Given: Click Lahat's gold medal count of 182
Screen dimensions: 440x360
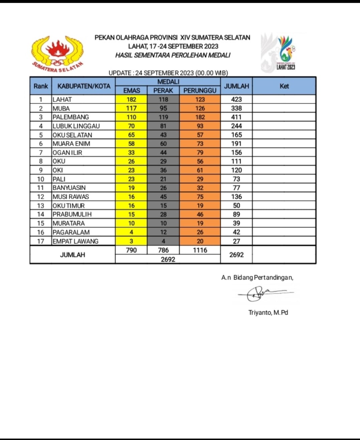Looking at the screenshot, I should coord(131,99).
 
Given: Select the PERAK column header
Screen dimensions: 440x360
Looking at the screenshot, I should coord(163,91).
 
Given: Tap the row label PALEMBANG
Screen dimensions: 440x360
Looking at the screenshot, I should coord(71,117).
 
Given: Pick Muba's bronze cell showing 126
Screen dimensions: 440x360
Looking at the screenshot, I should coord(200,108).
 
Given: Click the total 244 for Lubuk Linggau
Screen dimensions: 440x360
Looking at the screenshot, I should coord(236,126).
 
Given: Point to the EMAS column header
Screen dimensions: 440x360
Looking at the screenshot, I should coord(131,91).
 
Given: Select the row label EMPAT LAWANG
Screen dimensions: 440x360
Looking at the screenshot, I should coord(75,241).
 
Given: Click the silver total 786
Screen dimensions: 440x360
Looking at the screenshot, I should coord(163,250).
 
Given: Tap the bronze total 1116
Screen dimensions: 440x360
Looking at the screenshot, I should coord(200,250).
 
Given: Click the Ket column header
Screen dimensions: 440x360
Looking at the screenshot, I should coord(284,86).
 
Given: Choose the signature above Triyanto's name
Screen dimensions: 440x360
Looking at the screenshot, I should coord(264,293).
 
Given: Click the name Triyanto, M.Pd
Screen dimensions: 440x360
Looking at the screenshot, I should coord(268,313).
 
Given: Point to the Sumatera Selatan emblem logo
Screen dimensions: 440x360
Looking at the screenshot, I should coord(57,54).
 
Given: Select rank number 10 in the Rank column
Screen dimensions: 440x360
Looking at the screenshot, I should coord(40,179).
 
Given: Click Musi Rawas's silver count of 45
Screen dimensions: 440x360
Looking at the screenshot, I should coord(163,197).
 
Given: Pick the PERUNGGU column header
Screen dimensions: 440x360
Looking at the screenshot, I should coord(200,91).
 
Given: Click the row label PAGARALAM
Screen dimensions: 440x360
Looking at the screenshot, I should coord(71,232).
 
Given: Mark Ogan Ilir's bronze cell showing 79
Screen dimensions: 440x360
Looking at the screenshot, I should coord(200,152).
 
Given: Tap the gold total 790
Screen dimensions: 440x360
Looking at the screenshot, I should coord(131,250).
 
